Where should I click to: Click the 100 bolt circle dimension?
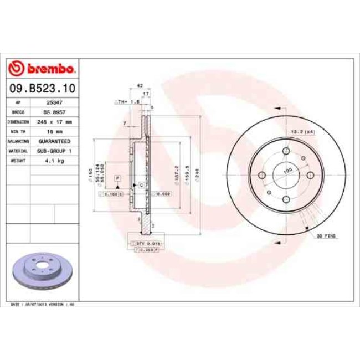coord(287,171)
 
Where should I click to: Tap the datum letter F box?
coord(118,177)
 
